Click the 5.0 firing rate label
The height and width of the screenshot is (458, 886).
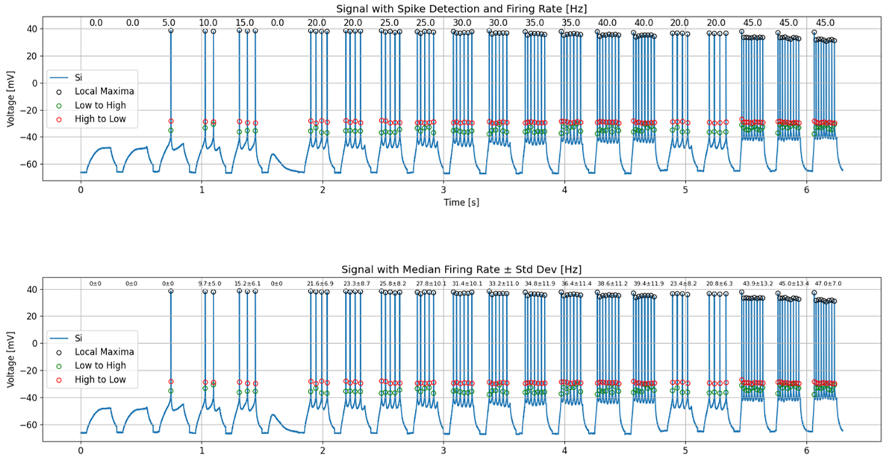[169, 23]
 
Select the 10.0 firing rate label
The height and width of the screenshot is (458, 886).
[208, 23]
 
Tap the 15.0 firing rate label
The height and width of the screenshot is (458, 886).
[245, 23]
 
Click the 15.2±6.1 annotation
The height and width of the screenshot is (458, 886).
[246, 283]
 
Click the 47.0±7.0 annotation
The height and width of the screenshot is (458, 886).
[826, 283]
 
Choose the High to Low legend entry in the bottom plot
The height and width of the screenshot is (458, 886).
[101, 380]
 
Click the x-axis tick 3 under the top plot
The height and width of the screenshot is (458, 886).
[443, 189]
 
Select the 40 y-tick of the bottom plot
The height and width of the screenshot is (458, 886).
[34, 289]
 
